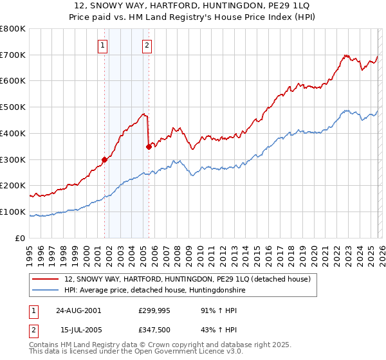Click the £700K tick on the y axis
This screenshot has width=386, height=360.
coord(14,55)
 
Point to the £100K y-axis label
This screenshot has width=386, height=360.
coord(14,212)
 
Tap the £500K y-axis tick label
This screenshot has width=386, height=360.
coord(14,107)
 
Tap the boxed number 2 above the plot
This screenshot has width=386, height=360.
coord(147,45)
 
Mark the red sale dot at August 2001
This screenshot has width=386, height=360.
coord(104,159)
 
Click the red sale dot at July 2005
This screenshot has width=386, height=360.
coord(149,147)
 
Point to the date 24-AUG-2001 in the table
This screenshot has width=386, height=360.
coord(78,310)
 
